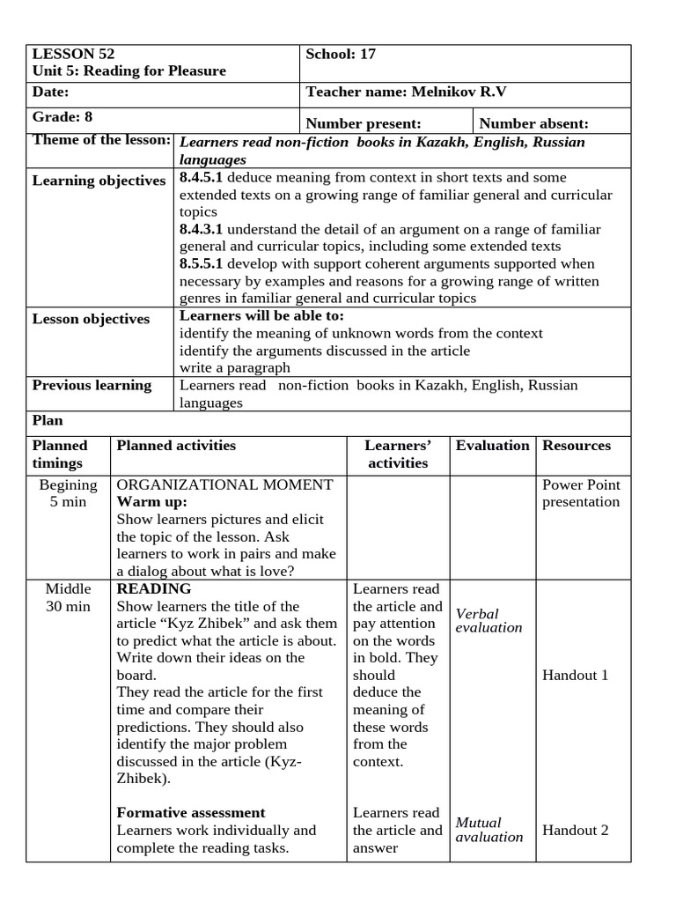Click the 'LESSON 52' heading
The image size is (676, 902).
pos(74,54)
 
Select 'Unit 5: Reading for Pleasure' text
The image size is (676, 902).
pos(129,70)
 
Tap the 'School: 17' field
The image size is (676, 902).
pos(341,54)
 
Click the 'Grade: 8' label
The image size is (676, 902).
pos(62,116)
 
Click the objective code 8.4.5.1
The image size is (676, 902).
pos(202,177)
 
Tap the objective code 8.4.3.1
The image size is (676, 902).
pos(202,229)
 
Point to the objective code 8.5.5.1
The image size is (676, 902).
pos(202,263)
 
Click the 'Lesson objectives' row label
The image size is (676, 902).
pos(92,319)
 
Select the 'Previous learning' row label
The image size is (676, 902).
pos(92,385)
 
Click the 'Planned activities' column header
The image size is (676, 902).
pos(176,445)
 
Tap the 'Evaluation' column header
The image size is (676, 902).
pos(493,445)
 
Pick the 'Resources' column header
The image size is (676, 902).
pos(577,445)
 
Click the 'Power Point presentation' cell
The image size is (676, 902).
pos(581,493)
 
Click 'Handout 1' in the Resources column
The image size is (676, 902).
pos(576,675)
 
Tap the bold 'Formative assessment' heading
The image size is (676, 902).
pos(191,812)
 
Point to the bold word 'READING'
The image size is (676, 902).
pos(154,588)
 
